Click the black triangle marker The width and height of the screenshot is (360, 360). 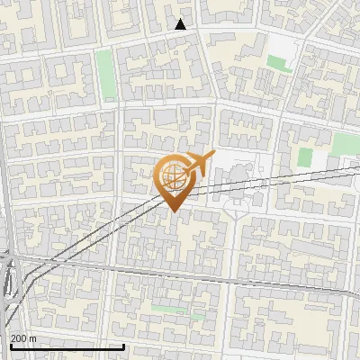coord(181,24)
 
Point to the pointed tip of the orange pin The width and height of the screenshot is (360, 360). coord(173,212)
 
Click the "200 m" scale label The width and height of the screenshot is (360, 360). coord(24,337)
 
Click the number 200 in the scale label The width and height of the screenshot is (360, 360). coord(20,337)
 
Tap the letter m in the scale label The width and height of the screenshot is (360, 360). coord(33,337)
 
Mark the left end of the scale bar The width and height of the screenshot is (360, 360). coord(10,346)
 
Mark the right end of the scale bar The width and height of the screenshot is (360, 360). coord(123,346)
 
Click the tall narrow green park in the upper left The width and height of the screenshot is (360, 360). coord(105,74)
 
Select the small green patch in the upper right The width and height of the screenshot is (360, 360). coord(279,64)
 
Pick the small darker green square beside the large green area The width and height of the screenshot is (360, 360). coord(305,157)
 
